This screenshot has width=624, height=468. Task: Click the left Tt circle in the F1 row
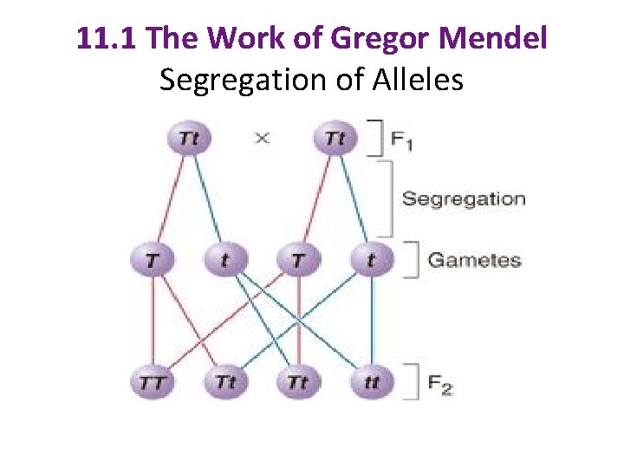click(191, 138)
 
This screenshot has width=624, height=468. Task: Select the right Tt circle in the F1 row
click(333, 138)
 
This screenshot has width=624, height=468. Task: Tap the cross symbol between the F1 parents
click(262, 138)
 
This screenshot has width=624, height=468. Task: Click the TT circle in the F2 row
click(153, 382)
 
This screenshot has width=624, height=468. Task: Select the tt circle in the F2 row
click(371, 382)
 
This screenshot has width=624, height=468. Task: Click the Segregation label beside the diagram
click(464, 199)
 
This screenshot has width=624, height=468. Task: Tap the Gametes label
click(475, 260)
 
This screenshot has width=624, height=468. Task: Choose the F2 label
click(440, 383)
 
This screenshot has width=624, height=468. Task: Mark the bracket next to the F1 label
click(377, 138)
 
